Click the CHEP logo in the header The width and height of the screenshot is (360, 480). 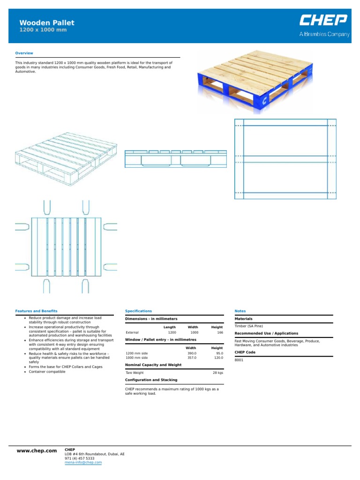tap(324, 21)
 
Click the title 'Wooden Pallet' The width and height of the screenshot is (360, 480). tap(46, 23)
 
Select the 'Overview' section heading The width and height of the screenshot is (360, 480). tap(24, 53)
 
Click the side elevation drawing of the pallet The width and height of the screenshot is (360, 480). tap(175, 159)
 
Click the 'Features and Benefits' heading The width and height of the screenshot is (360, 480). tap(36, 311)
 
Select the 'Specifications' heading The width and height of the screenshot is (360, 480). tap(138, 311)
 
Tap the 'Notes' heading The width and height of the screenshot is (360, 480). tap(240, 311)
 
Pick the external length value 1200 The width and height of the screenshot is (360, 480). tap(172, 332)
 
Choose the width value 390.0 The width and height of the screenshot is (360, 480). tap(191, 353)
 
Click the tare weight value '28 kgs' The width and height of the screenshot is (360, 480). tap(218, 372)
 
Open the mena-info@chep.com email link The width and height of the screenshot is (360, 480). tap(83, 462)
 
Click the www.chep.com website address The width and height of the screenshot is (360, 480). tap(37, 450)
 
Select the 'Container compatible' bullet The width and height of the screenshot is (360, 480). tap(47, 371)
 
